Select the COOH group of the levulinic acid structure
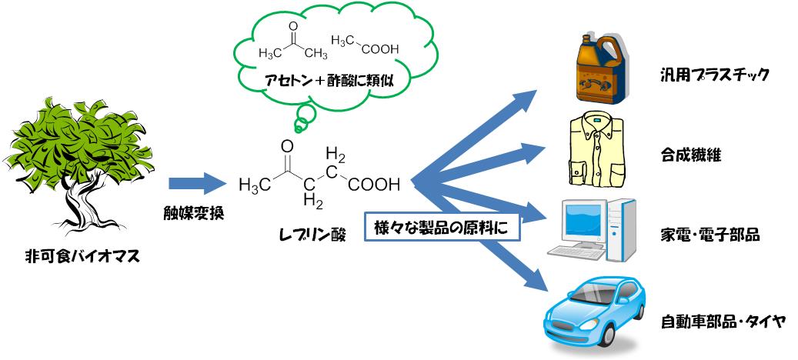pos(374,185)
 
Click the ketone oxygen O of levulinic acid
pos(287,145)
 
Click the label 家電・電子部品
pos(710,234)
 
